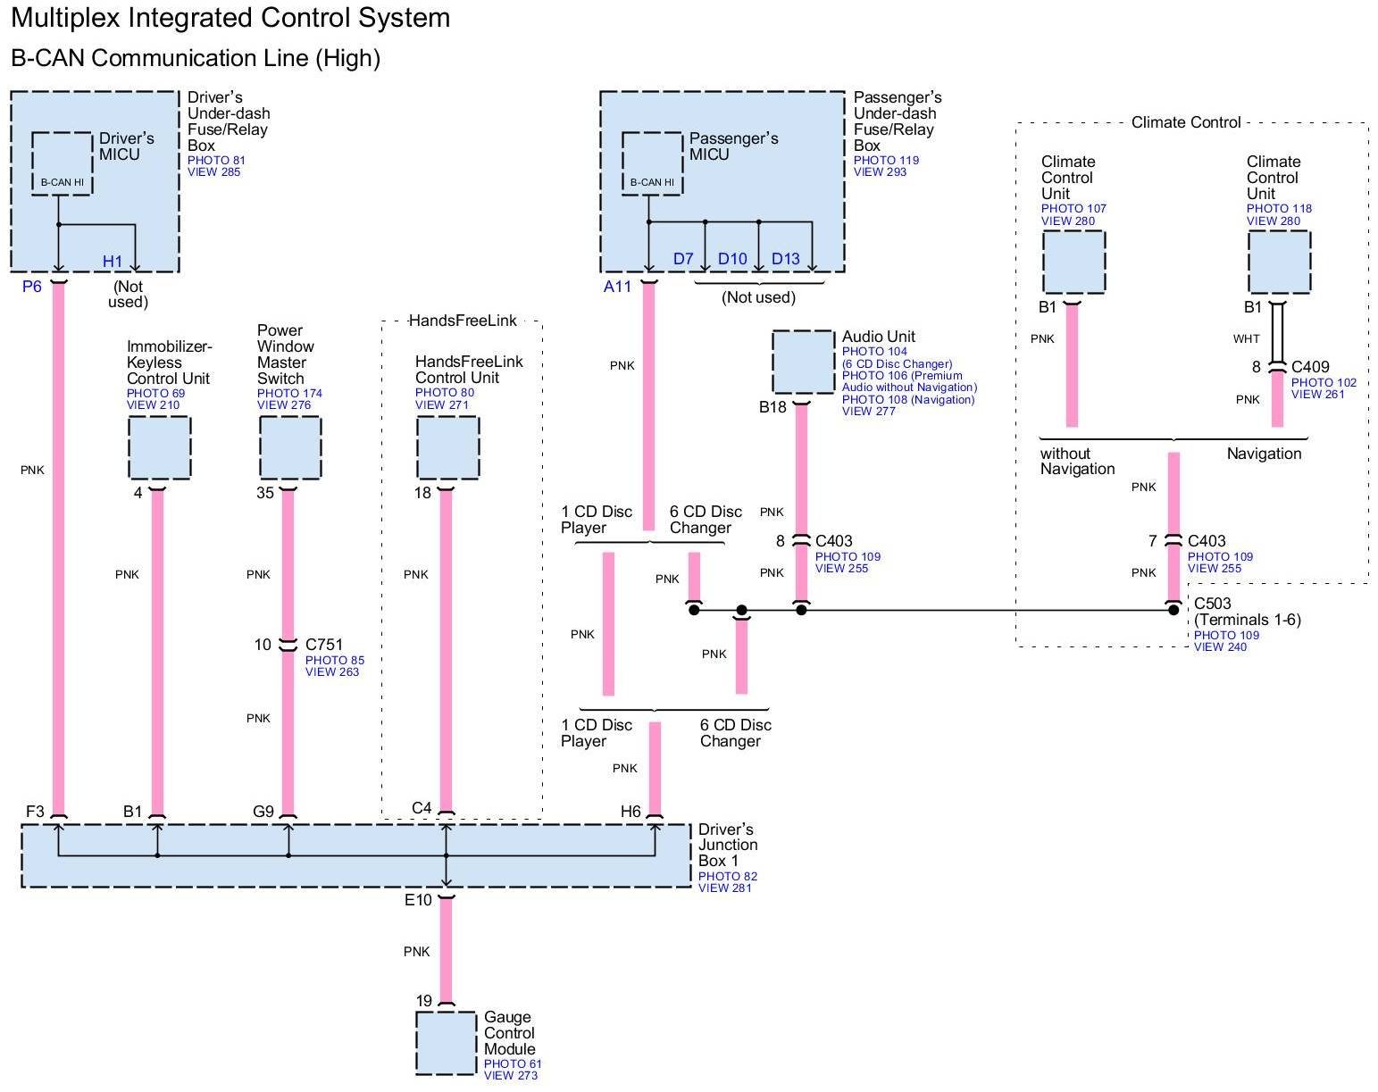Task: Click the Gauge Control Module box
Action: tap(446, 1043)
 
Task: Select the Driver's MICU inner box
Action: tap(62, 163)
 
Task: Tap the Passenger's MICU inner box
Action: tap(652, 163)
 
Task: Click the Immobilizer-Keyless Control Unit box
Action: tap(159, 447)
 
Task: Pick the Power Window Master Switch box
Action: tap(290, 447)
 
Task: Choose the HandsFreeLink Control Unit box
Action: tap(447, 447)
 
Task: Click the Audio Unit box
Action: tap(803, 362)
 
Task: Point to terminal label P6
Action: tap(32, 287)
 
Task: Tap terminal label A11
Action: tap(617, 287)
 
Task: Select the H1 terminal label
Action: tap(113, 261)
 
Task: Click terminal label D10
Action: tap(732, 259)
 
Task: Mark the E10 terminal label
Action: tap(418, 900)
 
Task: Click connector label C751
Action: tap(323, 645)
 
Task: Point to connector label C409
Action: tap(1310, 367)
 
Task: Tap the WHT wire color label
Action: tap(1247, 339)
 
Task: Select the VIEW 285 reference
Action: tap(214, 172)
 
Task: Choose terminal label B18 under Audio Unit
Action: tap(773, 407)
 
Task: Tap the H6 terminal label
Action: tap(631, 812)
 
